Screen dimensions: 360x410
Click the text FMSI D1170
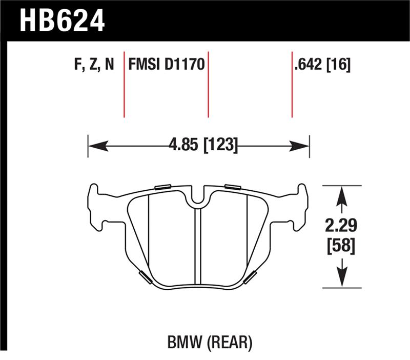(167, 65)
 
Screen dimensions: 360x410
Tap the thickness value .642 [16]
(322, 65)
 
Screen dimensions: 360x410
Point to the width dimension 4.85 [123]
(203, 146)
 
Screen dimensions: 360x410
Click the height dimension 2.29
(341, 226)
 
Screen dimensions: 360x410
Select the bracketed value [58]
(341, 247)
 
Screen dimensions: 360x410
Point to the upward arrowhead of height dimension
(341, 195)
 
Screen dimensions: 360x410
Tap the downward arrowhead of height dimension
(341, 279)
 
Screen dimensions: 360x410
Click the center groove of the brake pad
(198, 246)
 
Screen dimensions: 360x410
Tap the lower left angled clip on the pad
(145, 277)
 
